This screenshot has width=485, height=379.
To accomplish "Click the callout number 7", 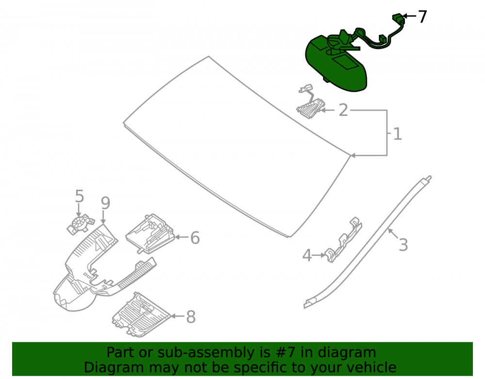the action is pyautogui.click(x=422, y=16).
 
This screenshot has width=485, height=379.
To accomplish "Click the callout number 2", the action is pyautogui.click(x=343, y=110).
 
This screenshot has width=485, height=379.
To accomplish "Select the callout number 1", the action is pyautogui.click(x=398, y=134).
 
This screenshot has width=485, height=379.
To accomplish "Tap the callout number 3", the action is pyautogui.click(x=403, y=245).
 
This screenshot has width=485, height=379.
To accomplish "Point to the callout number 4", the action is pyautogui.click(x=307, y=256).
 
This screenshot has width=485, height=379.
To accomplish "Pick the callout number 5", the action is pyautogui.click(x=80, y=197).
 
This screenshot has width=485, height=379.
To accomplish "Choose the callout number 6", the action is pyautogui.click(x=195, y=238).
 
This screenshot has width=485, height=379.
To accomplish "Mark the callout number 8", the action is pyautogui.click(x=191, y=317).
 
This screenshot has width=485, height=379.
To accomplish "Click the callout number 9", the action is pyautogui.click(x=105, y=203).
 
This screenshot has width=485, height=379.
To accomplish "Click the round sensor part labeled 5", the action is pyautogui.click(x=81, y=224).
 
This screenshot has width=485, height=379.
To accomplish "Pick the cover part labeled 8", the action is pyautogui.click(x=141, y=314).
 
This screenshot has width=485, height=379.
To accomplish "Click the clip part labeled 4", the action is pyautogui.click(x=343, y=241).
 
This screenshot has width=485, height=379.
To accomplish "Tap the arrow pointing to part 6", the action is pyautogui.click(x=181, y=237).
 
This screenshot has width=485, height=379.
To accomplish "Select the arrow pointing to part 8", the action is pyautogui.click(x=178, y=316).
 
